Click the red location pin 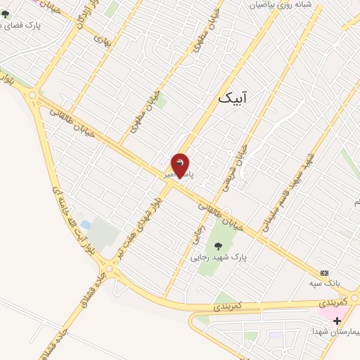(180, 165)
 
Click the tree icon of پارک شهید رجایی (218, 245)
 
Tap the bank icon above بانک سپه (324, 272)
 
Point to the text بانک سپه (324, 283)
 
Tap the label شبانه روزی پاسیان (279, 4)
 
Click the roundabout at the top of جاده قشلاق (108, 268)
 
